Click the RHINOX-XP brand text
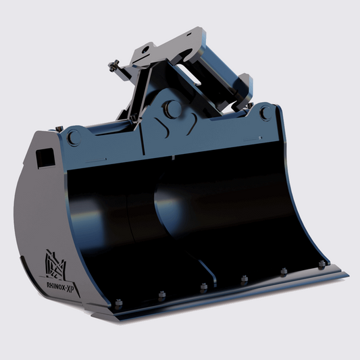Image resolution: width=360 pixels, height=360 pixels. (61, 284)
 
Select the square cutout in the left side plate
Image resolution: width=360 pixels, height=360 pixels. (44, 157)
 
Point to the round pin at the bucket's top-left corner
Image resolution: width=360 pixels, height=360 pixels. (74, 136)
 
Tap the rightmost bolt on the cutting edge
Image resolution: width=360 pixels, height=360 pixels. (322, 263)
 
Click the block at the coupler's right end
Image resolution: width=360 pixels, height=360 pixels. (242, 88)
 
